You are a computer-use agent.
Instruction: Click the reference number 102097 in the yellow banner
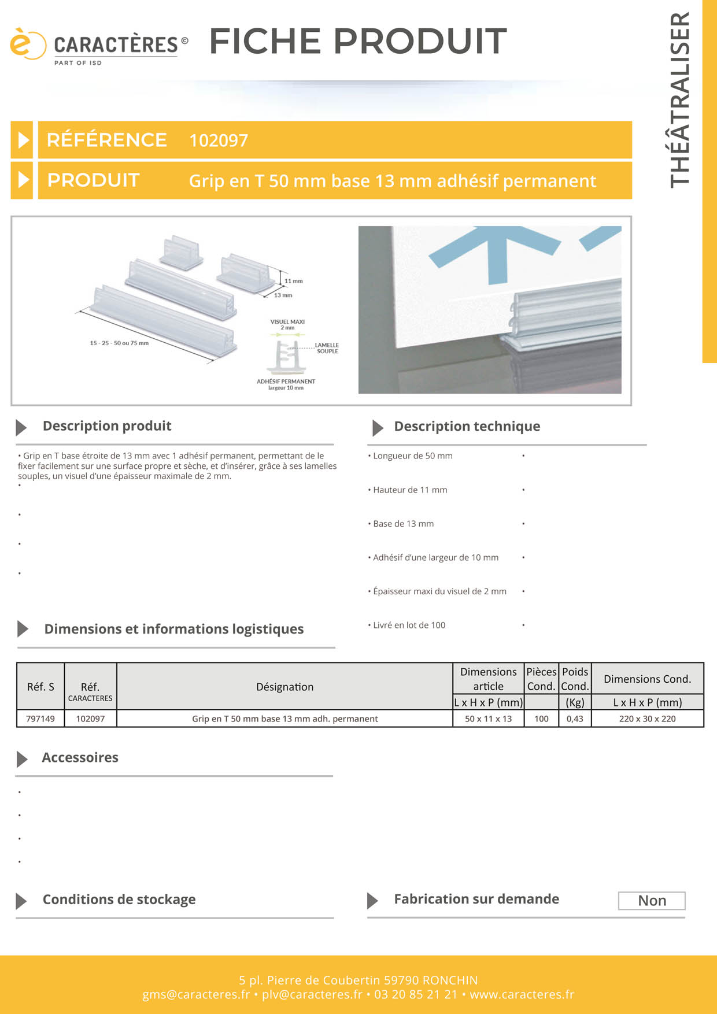(x=219, y=140)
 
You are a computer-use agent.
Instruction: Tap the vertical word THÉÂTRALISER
(x=680, y=99)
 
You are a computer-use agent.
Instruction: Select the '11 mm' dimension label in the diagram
(x=293, y=281)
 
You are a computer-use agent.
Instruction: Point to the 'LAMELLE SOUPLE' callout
(x=327, y=348)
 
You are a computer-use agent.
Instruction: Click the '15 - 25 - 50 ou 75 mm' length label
(x=119, y=343)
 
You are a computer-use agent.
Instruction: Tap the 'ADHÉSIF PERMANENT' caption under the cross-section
(x=286, y=382)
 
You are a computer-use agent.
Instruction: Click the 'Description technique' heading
(x=467, y=427)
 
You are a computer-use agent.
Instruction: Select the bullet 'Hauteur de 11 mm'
(x=409, y=490)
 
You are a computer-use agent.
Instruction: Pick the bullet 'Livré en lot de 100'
(x=409, y=626)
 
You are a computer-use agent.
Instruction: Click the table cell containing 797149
(x=40, y=719)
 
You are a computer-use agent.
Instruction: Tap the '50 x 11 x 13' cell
(x=488, y=719)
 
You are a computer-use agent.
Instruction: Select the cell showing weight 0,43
(x=575, y=719)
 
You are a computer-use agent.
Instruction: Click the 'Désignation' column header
(x=284, y=687)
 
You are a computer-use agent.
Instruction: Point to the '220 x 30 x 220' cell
(x=647, y=719)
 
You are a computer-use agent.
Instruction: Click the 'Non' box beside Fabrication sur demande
(x=652, y=901)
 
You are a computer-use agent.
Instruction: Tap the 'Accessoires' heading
(x=80, y=758)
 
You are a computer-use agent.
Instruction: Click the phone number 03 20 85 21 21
(x=416, y=994)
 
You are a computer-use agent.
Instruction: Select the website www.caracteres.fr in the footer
(x=522, y=994)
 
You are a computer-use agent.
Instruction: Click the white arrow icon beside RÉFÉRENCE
(x=23, y=140)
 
